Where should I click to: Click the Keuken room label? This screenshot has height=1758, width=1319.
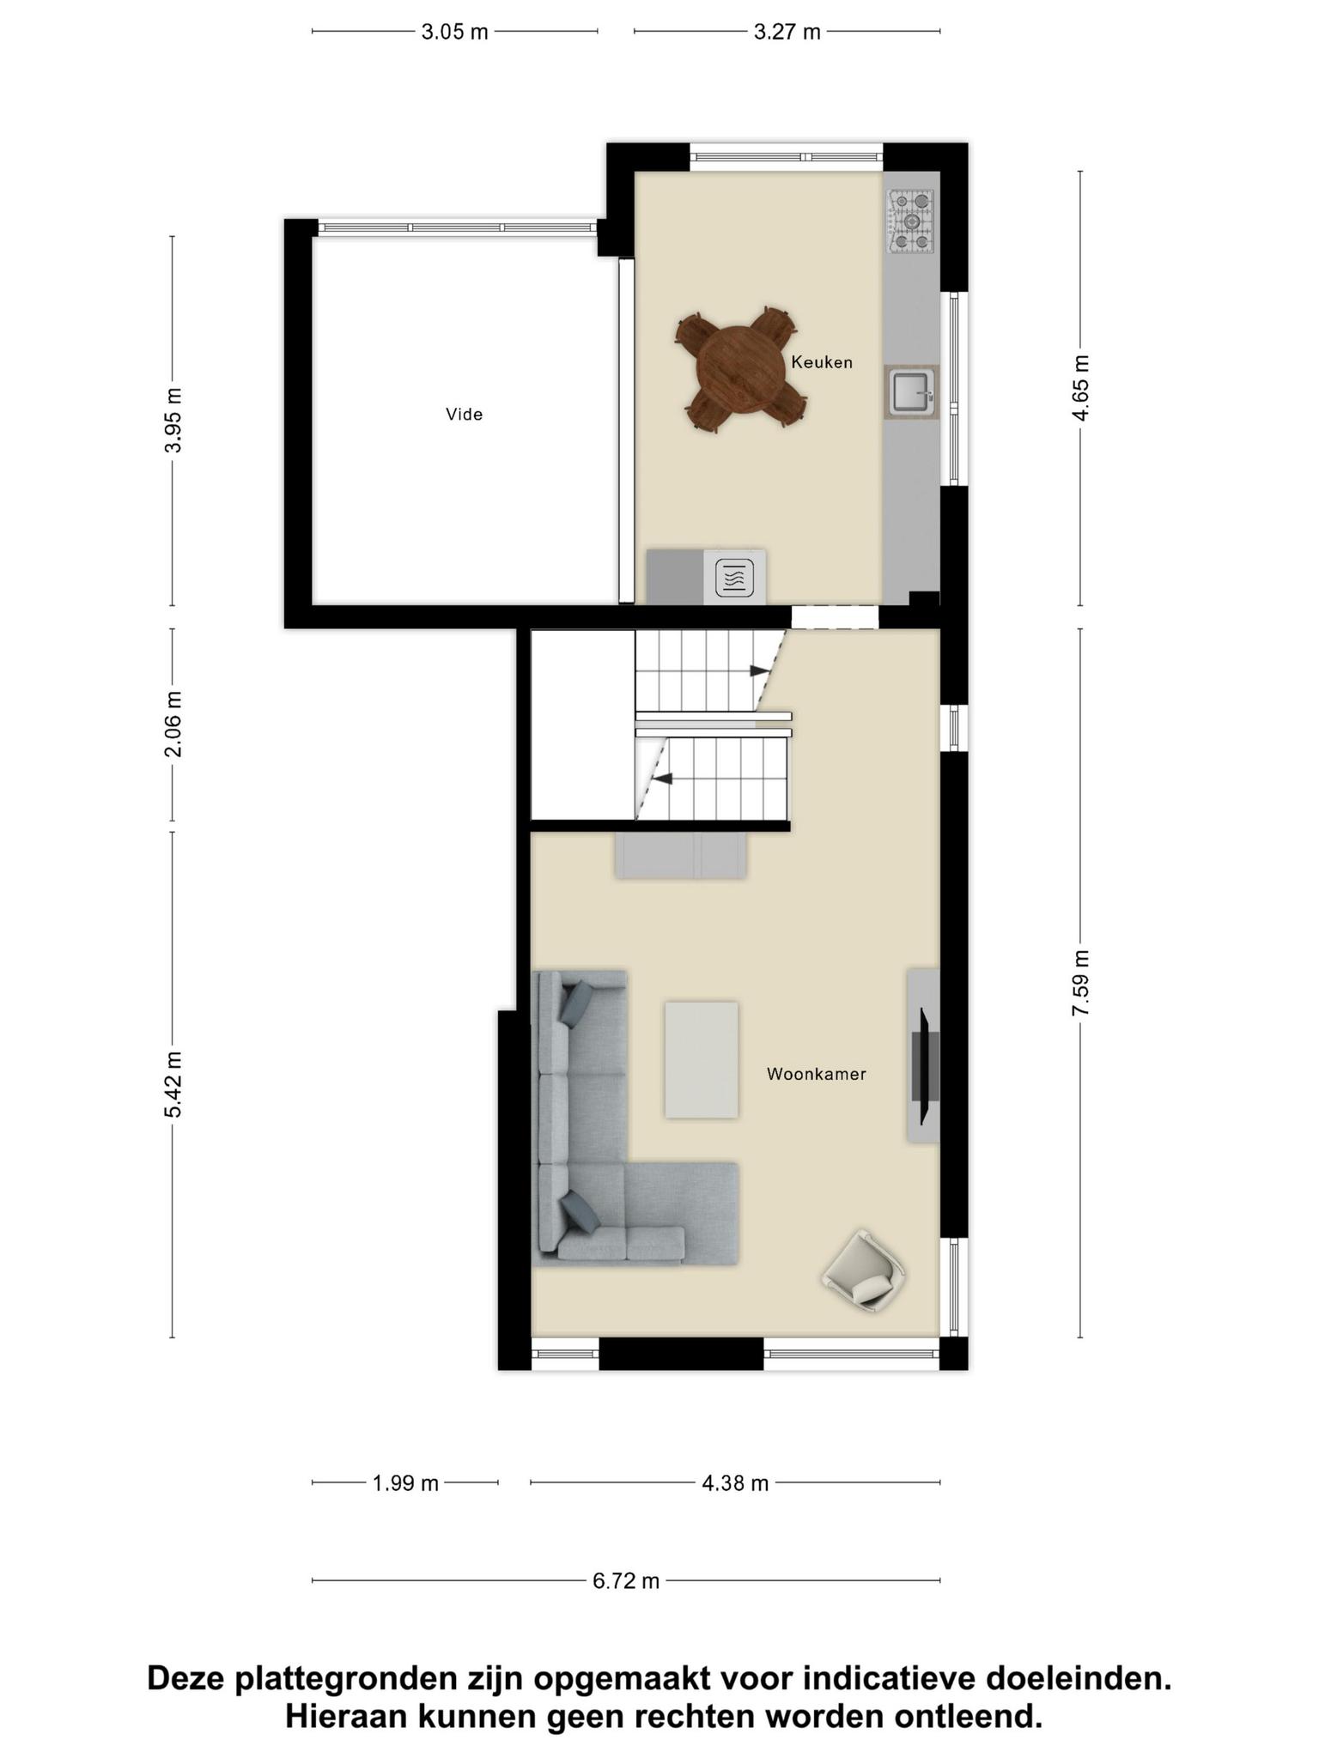click(x=822, y=362)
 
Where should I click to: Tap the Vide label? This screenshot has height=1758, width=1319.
click(x=464, y=415)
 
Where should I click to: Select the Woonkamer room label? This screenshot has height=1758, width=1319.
click(x=816, y=1074)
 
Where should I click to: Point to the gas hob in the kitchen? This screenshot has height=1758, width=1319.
click(x=911, y=221)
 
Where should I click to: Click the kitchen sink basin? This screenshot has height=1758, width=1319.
click(x=910, y=392)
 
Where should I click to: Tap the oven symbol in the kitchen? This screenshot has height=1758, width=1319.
click(x=734, y=577)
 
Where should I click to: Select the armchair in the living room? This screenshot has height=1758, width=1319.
click(x=864, y=1271)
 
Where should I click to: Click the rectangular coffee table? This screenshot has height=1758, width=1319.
click(x=702, y=1060)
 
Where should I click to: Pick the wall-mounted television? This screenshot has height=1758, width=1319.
click(x=925, y=1066)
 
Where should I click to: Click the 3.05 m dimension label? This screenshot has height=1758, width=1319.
click(x=454, y=33)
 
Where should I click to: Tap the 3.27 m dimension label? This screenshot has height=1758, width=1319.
click(x=787, y=33)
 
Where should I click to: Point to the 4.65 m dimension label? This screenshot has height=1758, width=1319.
click(x=1080, y=388)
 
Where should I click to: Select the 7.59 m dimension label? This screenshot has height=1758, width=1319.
click(x=1080, y=983)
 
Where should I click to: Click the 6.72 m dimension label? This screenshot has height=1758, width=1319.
click(x=626, y=1580)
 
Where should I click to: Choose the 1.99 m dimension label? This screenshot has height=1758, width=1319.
click(x=405, y=1482)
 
